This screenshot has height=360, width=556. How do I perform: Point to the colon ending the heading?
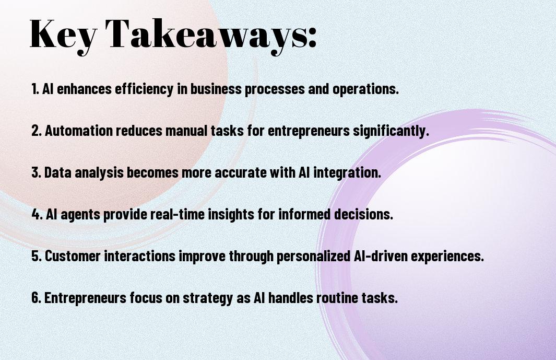312,37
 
